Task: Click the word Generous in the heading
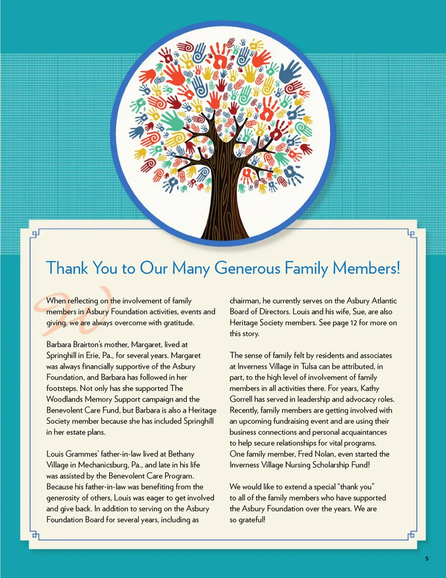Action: [247, 269]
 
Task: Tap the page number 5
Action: [427, 559]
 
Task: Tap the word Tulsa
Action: [309, 367]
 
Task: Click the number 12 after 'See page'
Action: [354, 323]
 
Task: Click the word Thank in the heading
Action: [67, 269]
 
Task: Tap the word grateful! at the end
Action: [252, 520]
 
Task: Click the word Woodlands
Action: [64, 399]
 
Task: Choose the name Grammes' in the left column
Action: [85, 454]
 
